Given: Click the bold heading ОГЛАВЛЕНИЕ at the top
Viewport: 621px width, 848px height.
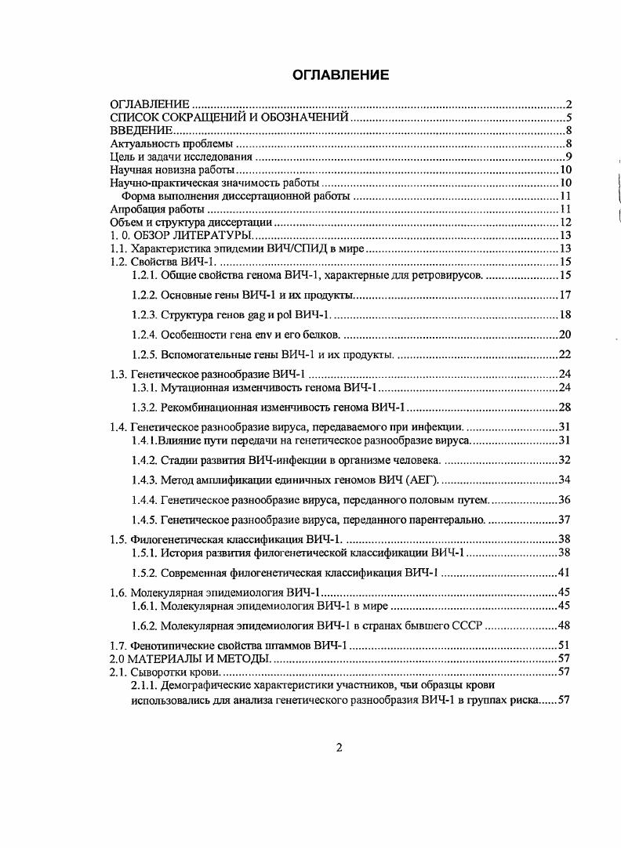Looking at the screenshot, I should pos(340,75).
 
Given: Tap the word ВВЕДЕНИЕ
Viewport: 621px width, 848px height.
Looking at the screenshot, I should pos(140,130).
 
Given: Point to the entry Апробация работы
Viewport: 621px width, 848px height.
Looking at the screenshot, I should pos(158,209).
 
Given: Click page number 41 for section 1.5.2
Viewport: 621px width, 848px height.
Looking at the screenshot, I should pos(563,571).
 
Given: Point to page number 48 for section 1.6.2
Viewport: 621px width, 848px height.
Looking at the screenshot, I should pos(563,625).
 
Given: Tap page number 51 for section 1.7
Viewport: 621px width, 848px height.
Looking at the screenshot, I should pos(563,645).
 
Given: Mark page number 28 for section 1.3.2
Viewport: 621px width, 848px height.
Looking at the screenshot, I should pos(563,408).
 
